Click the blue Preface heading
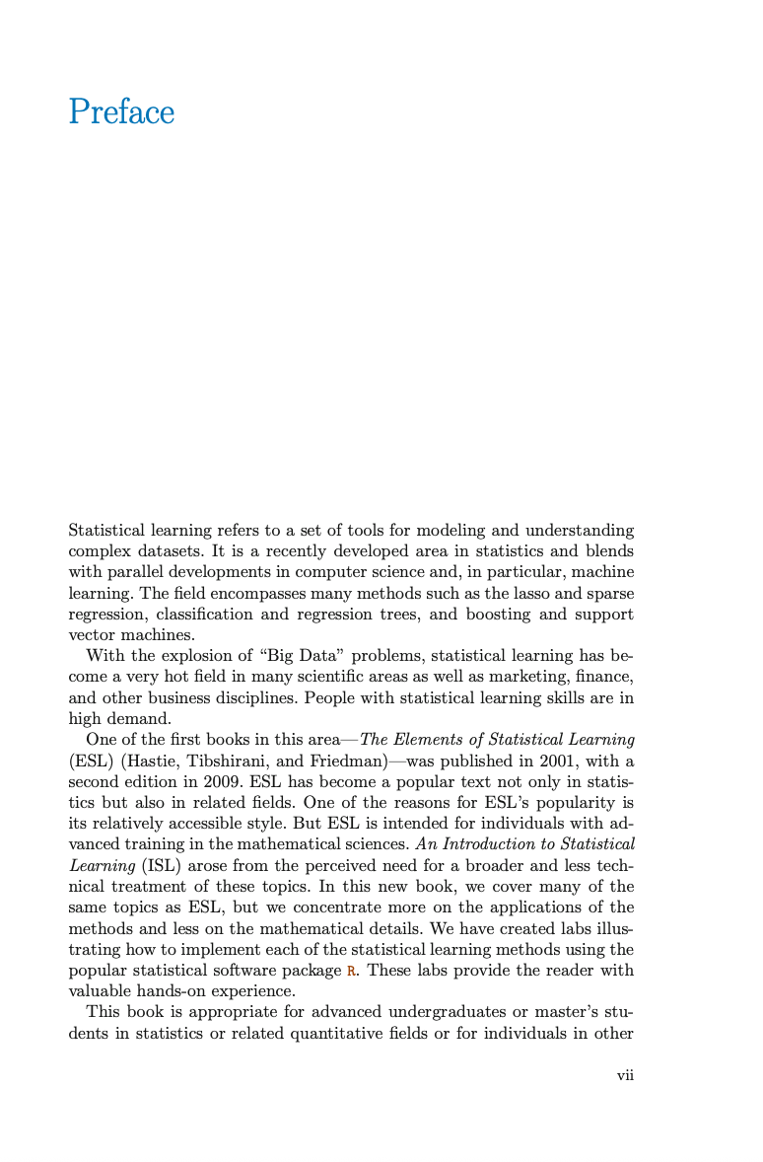point(121,112)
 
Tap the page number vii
point(625,1075)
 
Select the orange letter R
point(349,971)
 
